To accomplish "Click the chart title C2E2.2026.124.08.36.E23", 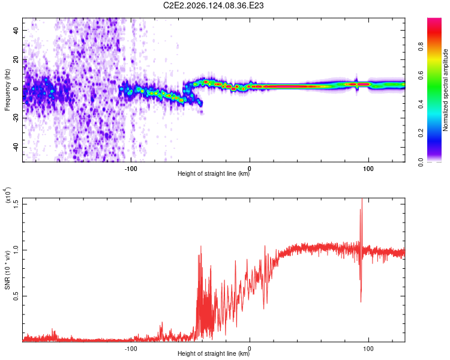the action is (213, 5).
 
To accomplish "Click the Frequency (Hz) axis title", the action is (7, 90).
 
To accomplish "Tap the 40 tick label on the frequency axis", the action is (16, 31).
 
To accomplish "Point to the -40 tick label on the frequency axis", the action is (16, 146).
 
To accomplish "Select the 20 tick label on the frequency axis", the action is (16, 60).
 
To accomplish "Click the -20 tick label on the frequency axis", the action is (16, 118).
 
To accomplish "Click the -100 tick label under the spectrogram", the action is (131, 169).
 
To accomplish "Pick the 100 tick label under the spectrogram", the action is (368, 169).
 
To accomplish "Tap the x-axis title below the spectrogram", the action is (214, 173).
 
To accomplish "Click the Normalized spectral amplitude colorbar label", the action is (445, 90).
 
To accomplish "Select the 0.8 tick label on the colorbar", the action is (421, 47).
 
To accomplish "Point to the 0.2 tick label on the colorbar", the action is (421, 133).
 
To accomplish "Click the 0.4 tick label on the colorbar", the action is (421, 104).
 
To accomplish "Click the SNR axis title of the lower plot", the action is (7, 270).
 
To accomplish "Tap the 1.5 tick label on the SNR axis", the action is (16, 205).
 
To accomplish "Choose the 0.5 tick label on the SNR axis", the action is (16, 296).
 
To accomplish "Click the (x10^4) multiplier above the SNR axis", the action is (7, 195).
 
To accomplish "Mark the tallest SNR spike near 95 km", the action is (362, 199).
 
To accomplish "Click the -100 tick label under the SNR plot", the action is (131, 349).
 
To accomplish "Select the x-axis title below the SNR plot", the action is (214, 353).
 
